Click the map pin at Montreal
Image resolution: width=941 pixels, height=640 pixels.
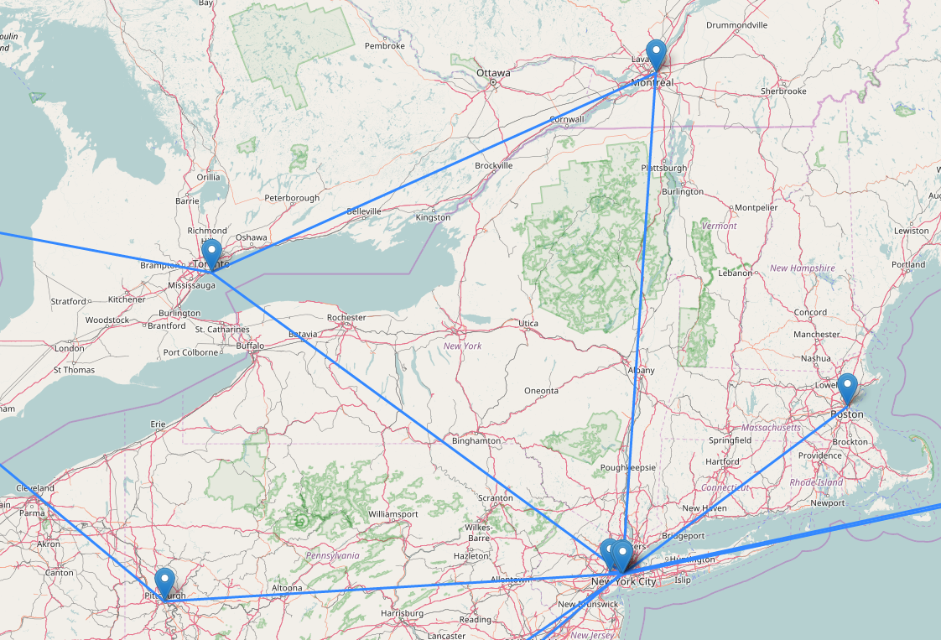click(x=657, y=55)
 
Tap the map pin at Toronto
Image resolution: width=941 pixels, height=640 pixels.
click(x=211, y=253)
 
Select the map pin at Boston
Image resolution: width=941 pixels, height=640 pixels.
click(x=848, y=388)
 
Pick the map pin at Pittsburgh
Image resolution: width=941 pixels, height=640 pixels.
click(x=165, y=581)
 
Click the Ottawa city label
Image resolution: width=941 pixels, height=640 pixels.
click(x=493, y=73)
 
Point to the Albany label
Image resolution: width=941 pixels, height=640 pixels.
click(x=642, y=370)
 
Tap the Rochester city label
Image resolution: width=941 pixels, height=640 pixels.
click(x=346, y=318)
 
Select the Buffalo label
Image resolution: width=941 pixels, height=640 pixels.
click(x=250, y=346)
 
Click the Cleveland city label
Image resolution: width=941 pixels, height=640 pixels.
click(x=35, y=488)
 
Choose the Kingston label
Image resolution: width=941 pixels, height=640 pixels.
click(x=433, y=218)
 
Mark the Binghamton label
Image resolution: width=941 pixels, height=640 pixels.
click(x=476, y=440)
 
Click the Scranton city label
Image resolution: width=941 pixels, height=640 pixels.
click(x=495, y=498)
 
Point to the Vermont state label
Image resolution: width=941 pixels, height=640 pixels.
click(x=719, y=226)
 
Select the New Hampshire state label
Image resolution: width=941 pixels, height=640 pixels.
click(x=803, y=268)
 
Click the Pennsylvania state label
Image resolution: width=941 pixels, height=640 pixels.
click(x=332, y=555)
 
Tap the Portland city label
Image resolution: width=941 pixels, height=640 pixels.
click(x=909, y=264)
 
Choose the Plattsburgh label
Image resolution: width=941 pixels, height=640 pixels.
click(x=663, y=168)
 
